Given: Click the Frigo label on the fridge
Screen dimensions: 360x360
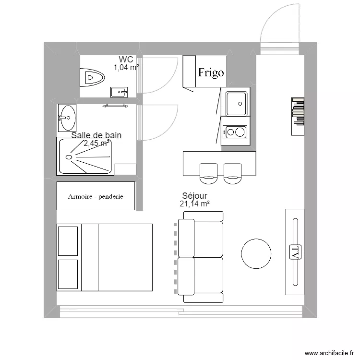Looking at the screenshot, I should click(x=211, y=72).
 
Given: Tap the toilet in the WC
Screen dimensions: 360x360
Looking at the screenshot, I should click(x=93, y=77).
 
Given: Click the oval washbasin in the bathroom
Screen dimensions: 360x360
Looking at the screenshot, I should click(x=67, y=116).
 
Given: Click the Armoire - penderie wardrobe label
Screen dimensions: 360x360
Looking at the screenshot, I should click(x=96, y=196).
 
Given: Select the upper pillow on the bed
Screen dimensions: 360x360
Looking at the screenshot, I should click(x=68, y=241).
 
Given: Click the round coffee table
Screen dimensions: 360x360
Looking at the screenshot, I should click(x=256, y=254).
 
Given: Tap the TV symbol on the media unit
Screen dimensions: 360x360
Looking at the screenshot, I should click(x=295, y=252).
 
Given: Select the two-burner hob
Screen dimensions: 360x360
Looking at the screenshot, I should click(x=235, y=132).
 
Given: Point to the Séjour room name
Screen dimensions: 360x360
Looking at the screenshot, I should click(x=195, y=196).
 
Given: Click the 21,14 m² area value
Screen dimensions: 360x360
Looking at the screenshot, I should click(x=195, y=204).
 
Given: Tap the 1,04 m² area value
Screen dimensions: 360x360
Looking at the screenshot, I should click(x=126, y=68).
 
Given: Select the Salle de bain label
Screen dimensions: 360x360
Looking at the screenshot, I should click(x=96, y=135).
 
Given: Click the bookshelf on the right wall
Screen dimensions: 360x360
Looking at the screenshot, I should click(x=298, y=111).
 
